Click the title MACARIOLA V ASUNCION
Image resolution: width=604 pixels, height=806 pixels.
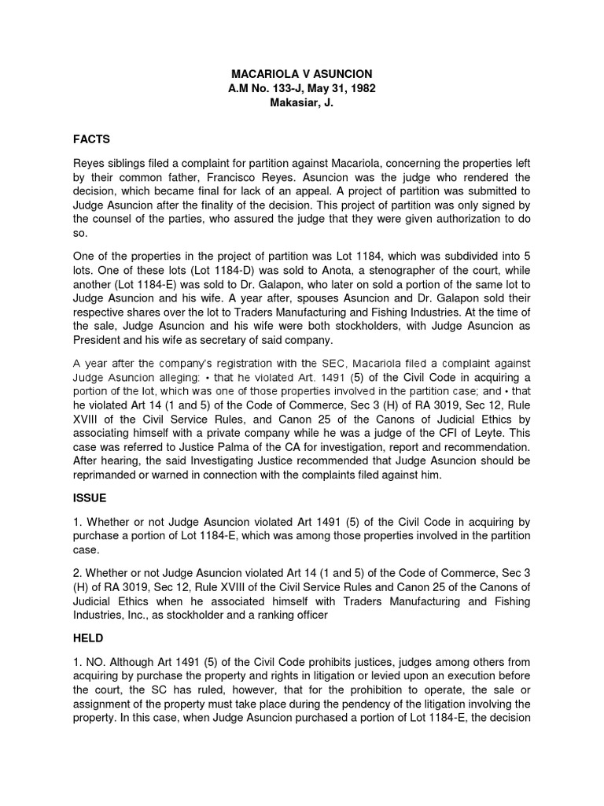coord(302,73)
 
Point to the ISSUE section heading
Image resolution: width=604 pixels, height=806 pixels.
coord(90,498)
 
